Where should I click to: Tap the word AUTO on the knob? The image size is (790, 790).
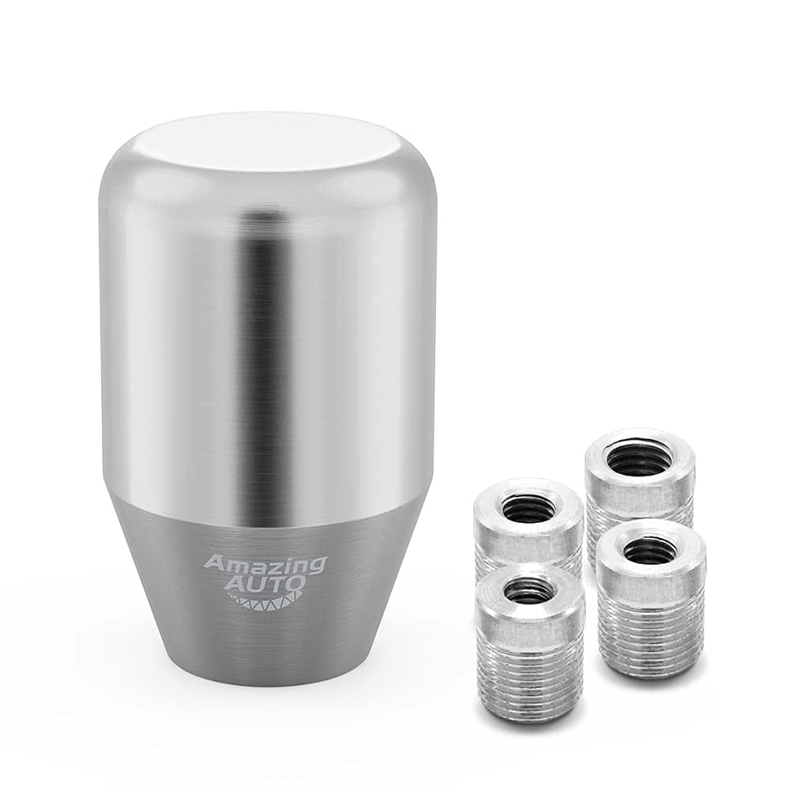(265, 586)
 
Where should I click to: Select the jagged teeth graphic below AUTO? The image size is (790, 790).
(265, 604)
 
